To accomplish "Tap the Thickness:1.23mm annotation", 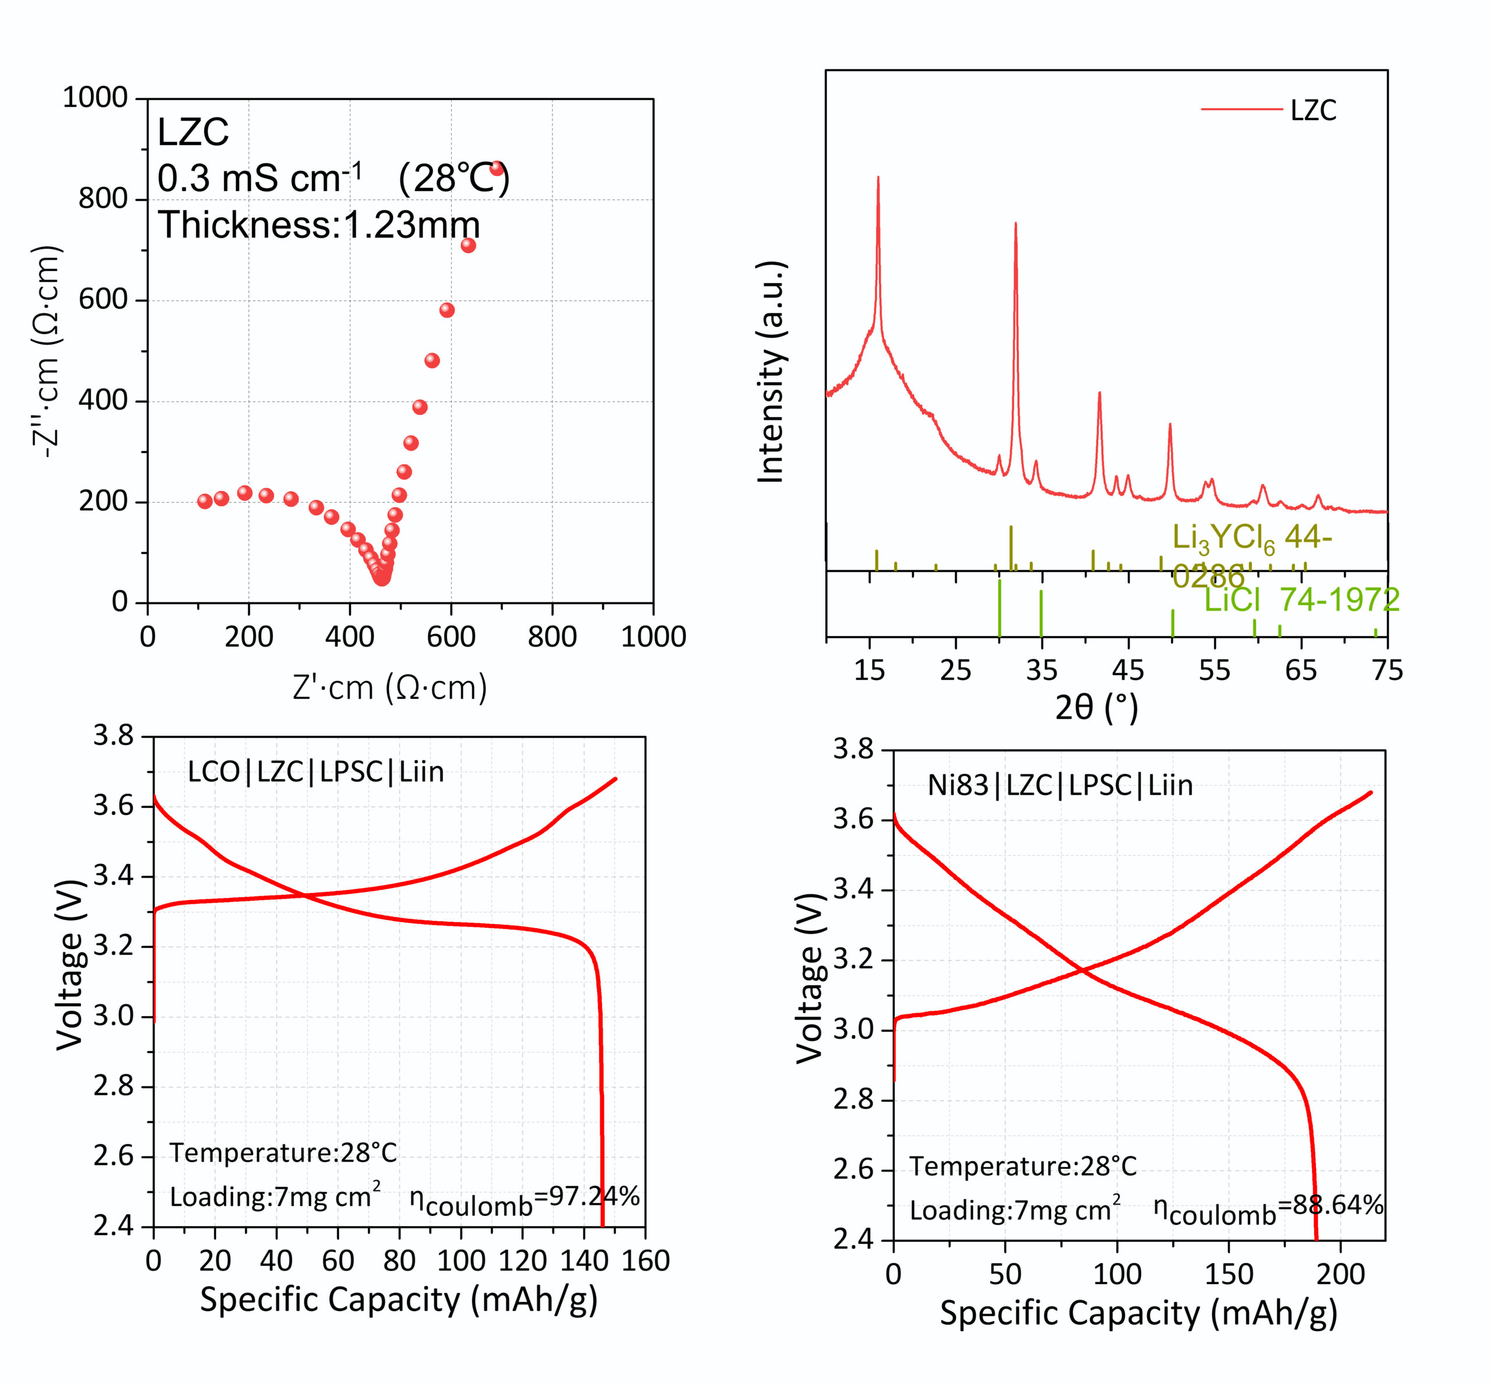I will point(318,224).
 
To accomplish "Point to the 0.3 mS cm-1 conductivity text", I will point(259,178).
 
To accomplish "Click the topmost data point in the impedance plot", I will point(497,168).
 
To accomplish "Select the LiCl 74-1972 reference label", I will point(1301,600).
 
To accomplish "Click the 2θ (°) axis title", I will point(1097,707).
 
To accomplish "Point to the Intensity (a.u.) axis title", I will point(770,372).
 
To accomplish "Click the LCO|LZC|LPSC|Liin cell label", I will point(315,771).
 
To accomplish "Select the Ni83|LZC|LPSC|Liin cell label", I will point(1060,785).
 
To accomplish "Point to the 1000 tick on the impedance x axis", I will point(653,637).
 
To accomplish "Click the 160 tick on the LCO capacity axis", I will point(645,1261).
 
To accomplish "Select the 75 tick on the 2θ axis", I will point(1387,670).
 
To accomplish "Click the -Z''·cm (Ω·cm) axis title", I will point(47,352).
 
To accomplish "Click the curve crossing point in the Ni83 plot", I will point(1082,971).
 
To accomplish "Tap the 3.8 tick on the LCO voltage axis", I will point(113,736).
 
